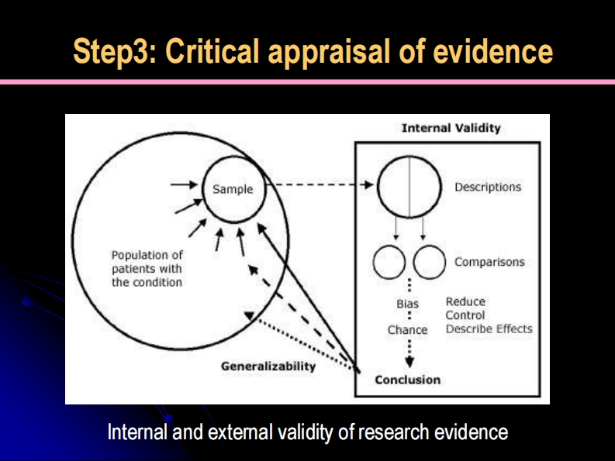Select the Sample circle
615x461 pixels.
point(233,189)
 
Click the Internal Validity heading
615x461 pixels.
point(451,129)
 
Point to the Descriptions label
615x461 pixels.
point(488,187)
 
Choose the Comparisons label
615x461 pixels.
point(489,262)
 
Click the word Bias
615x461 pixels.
point(408,304)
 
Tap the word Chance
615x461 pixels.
point(408,330)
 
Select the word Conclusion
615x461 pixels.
point(408,380)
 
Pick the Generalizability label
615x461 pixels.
point(268,366)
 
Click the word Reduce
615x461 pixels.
point(465,301)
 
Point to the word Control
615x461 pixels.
point(465,315)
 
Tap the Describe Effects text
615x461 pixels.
point(489,329)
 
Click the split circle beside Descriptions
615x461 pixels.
point(409,186)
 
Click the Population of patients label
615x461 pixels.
point(147,268)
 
